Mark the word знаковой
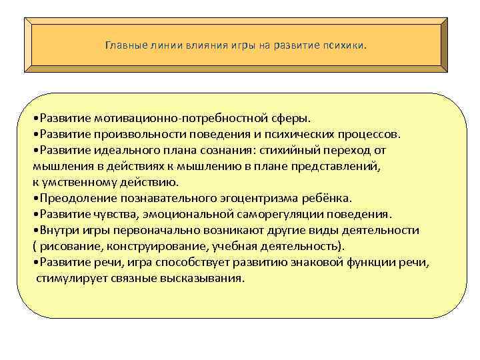317,262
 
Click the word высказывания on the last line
207,278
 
